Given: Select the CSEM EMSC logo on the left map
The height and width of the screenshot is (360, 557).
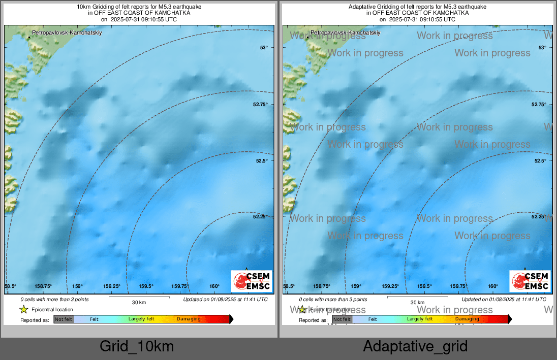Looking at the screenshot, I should click(x=252, y=281).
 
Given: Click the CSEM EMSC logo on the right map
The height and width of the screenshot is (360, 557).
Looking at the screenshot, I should click(x=530, y=281).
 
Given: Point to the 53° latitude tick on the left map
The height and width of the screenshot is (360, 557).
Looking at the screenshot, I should click(x=264, y=48).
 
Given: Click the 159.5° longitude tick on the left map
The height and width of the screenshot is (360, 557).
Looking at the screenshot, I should click(x=146, y=286).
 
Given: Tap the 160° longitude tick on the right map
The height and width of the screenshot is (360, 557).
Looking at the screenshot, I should click(x=493, y=286).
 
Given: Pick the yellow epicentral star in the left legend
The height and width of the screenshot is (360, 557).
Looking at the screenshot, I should click(x=23, y=309).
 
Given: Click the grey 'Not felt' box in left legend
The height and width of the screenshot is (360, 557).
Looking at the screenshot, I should click(x=64, y=319).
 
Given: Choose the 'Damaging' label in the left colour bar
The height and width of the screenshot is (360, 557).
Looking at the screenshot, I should click(x=189, y=319).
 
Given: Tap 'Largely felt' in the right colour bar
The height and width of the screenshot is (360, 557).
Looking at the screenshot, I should click(x=420, y=319).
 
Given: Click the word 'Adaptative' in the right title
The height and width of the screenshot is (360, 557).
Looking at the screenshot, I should click(x=362, y=7).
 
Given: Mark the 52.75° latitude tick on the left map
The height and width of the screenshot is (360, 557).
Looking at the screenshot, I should click(x=261, y=104).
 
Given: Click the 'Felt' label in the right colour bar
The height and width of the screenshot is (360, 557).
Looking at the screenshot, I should click(x=373, y=319).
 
